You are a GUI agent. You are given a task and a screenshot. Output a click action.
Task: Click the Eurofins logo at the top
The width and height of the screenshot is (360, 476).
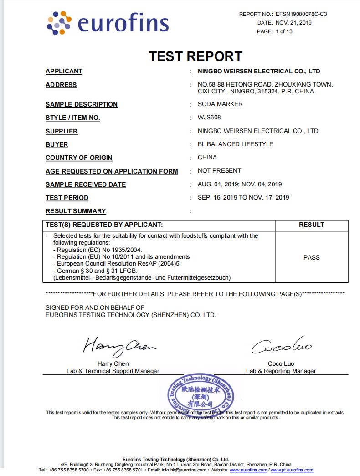(108, 23)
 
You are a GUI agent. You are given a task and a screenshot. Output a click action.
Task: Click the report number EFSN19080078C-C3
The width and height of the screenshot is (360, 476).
(301, 14)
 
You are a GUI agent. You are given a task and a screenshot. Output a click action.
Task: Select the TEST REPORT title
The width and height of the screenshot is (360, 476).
(195, 56)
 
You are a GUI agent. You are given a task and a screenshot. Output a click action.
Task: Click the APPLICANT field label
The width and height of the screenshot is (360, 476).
(64, 72)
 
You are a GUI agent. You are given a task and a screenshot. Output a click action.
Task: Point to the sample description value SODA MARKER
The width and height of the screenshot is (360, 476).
(220, 104)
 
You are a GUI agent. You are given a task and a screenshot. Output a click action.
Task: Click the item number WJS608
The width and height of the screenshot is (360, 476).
(209, 118)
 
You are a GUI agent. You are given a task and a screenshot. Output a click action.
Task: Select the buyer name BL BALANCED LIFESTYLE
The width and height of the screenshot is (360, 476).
(236, 144)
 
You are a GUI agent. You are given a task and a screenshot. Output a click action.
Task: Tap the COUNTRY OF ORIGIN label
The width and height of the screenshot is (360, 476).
(79, 158)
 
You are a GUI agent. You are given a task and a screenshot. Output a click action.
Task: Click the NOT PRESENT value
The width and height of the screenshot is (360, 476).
(219, 171)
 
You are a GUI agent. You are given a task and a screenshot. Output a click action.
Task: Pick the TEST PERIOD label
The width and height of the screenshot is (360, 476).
(67, 198)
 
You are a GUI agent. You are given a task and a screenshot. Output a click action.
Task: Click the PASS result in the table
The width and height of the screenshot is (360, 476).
(312, 258)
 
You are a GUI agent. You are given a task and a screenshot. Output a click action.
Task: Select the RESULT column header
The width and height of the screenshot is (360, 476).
(312, 225)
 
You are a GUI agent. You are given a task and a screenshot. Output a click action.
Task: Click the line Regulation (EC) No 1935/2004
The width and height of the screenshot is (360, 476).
(98, 250)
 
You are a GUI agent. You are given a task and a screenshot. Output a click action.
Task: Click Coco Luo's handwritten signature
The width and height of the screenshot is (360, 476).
(281, 348)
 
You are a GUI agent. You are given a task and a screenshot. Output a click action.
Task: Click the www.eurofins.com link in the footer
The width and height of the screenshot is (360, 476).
(248, 470)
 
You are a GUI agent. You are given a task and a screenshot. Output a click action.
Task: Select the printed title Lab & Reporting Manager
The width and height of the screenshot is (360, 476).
(281, 371)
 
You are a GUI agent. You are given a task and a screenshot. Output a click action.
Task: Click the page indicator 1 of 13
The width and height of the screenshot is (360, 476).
(284, 31)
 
